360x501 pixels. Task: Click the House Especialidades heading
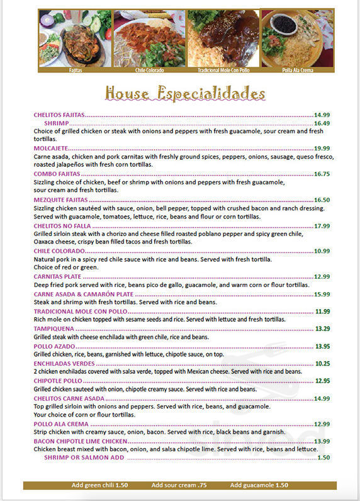tap(185, 94)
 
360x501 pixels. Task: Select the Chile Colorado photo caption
tap(149, 70)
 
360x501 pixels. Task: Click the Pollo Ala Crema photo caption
tap(297, 70)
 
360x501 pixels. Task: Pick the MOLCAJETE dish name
tap(51, 148)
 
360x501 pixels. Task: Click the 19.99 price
tap(322, 148)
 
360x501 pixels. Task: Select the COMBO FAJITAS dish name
tap(57, 174)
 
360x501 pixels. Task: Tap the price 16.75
tap(322, 174)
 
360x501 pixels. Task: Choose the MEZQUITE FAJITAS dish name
tap(61, 200)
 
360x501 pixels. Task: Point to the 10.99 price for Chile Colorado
tap(322, 251)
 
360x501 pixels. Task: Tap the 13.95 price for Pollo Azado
tap(322, 346)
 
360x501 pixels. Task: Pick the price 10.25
tap(322, 363)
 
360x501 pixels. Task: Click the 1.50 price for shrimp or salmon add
tap(323, 458)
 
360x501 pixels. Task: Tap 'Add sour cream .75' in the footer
tap(179, 485)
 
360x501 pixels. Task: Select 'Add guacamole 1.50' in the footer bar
tap(259, 485)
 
